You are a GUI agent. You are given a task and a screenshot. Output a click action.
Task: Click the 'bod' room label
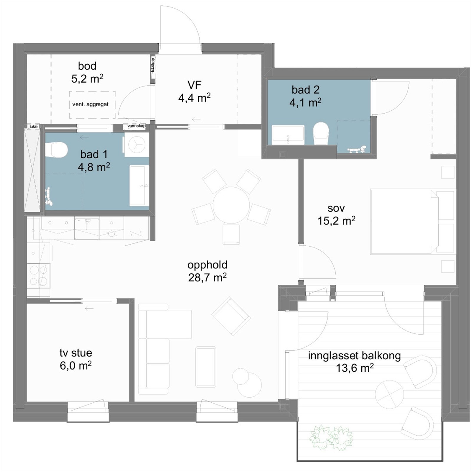point(87,66)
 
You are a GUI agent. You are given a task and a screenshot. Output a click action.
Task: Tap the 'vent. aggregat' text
point(90,104)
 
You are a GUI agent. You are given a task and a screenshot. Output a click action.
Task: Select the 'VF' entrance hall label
point(194,85)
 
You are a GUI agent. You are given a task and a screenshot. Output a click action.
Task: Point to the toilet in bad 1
point(56,150)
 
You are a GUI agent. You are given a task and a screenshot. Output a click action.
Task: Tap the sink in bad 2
point(288,135)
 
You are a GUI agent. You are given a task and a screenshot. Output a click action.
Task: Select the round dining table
point(231,205)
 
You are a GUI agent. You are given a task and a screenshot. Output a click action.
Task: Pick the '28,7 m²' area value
point(207,278)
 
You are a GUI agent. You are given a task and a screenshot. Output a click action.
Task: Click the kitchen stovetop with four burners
point(39,276)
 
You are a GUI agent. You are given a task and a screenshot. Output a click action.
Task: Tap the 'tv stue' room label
point(76,353)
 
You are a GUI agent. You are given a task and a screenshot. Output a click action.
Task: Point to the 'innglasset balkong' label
point(354,356)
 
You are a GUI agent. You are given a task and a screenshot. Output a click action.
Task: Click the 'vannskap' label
point(136,126)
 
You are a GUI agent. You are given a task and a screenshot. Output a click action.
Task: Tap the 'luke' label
point(34,127)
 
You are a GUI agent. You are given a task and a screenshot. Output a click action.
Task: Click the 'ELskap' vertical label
point(153,65)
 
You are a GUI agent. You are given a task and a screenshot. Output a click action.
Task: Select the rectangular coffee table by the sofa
point(206,366)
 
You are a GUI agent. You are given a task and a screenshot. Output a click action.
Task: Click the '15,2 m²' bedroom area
point(336,221)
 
